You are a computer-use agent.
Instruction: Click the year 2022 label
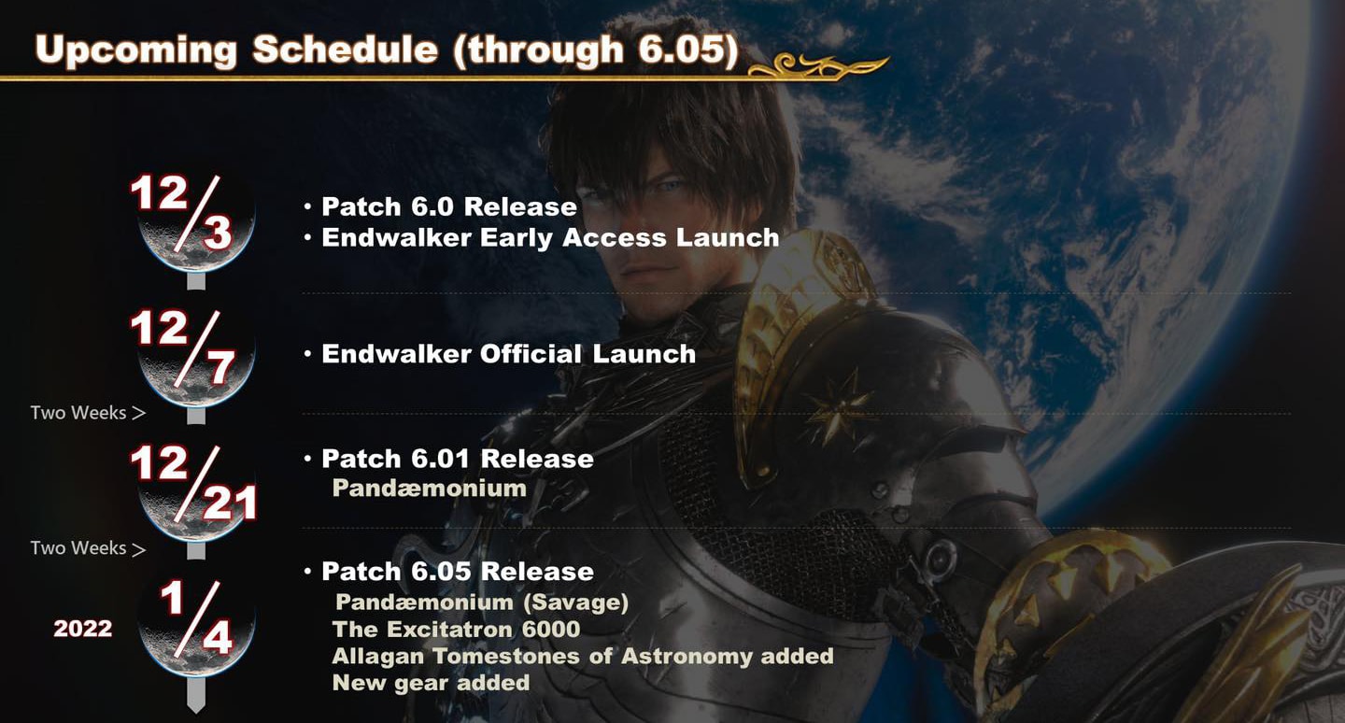(x=83, y=629)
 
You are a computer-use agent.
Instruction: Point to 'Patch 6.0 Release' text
(x=449, y=206)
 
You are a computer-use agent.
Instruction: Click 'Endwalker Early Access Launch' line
(x=551, y=238)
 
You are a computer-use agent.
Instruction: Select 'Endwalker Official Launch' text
(x=508, y=354)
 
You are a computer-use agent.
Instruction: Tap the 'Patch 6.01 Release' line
(x=458, y=459)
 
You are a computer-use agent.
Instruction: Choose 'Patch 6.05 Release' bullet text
(x=458, y=571)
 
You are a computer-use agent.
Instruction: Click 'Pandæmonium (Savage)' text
(x=482, y=602)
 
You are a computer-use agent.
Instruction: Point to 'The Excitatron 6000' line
(x=457, y=629)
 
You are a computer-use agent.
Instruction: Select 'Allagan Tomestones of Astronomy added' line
(x=583, y=656)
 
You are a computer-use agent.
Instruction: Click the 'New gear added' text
(x=431, y=683)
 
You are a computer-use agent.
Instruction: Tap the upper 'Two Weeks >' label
(x=88, y=413)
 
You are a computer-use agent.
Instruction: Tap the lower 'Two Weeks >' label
(x=88, y=547)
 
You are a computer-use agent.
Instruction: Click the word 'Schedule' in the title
(x=345, y=50)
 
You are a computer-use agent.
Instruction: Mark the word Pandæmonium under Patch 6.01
(x=430, y=488)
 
